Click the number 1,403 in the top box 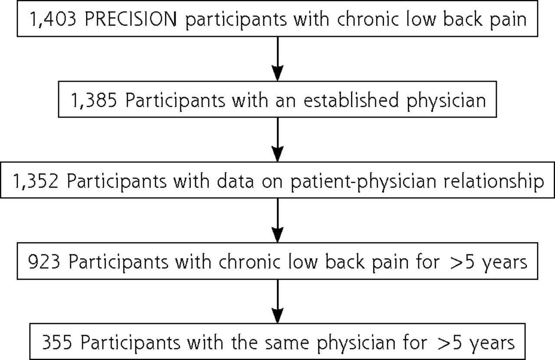[53, 20]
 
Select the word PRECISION [131, 19]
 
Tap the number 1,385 [94, 100]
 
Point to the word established [351, 100]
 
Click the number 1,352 [36, 181]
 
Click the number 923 [44, 262]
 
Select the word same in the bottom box [287, 343]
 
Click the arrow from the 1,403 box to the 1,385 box [277, 59]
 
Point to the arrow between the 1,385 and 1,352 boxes [277, 140]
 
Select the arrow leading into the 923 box [277, 220]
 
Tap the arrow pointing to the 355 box [277, 301]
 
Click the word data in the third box [235, 181]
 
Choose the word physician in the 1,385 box [446, 101]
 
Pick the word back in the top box [463, 19]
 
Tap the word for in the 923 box [428, 261]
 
